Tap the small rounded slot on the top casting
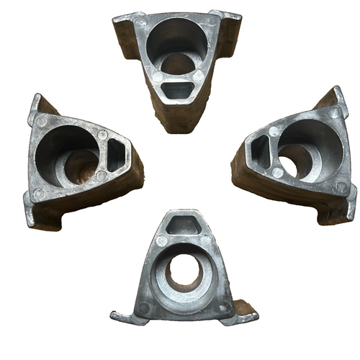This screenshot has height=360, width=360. click(177, 89)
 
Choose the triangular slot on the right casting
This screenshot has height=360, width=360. click(257, 152)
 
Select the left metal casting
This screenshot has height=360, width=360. click(79, 162)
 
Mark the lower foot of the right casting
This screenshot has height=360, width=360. click(338, 209)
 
